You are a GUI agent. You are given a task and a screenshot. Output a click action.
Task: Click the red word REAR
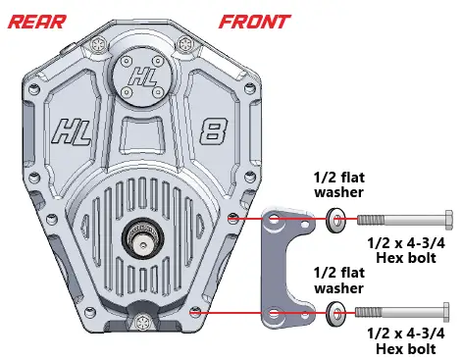tap(36, 20)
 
